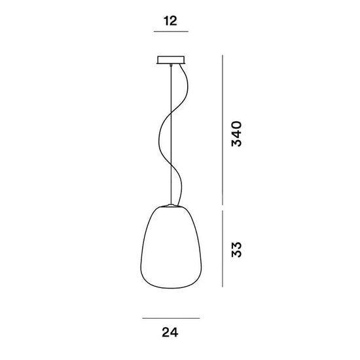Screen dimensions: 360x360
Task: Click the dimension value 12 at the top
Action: click(x=171, y=21)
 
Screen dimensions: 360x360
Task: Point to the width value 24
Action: click(x=171, y=332)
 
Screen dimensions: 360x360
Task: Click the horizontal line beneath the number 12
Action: click(x=171, y=32)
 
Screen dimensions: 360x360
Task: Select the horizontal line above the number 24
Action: click(x=171, y=319)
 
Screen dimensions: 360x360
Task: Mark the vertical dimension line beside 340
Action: click(x=224, y=131)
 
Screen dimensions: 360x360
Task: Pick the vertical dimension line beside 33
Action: click(x=224, y=249)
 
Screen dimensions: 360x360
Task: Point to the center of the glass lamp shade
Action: click(x=171, y=249)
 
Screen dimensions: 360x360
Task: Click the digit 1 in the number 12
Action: click(x=166, y=21)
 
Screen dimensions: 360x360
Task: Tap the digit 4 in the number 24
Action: click(x=175, y=332)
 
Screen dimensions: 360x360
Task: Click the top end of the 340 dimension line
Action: click(x=224, y=56)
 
